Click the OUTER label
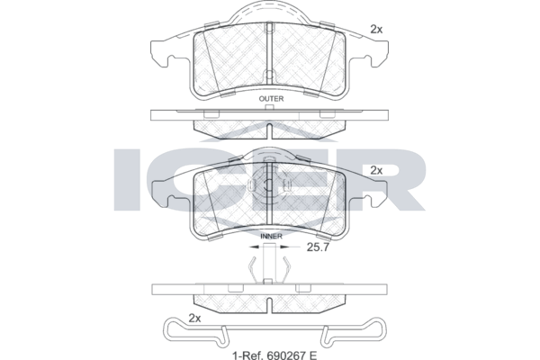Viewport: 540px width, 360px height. [271, 99]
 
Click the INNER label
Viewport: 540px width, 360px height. [272, 237]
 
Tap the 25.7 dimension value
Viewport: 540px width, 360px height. [318, 247]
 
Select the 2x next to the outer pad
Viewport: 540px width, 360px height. [376, 30]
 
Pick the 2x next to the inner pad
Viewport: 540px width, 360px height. [376, 170]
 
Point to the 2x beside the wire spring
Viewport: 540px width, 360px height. [194, 319]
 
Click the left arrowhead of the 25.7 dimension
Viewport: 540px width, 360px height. [254, 247]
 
